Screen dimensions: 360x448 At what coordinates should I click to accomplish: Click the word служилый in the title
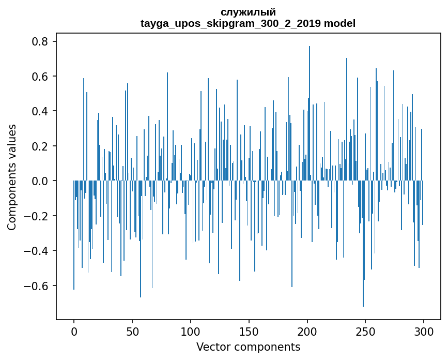[248, 12]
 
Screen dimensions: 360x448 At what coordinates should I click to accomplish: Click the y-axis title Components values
[12, 177]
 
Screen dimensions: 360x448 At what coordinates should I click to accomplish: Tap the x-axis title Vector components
[248, 347]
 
